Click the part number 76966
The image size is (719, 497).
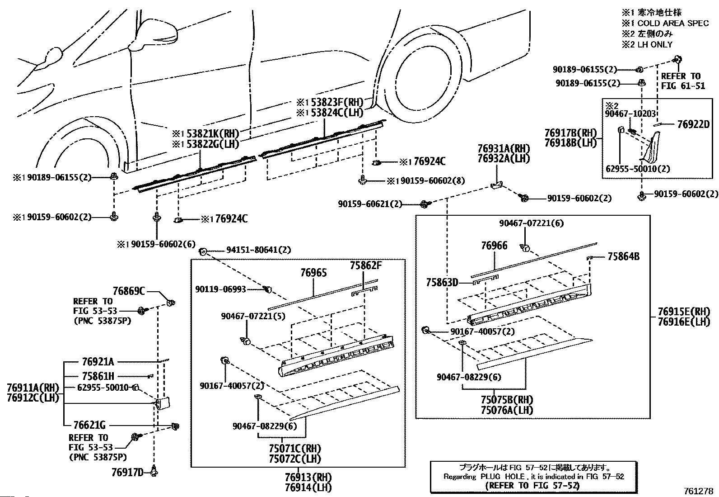494,246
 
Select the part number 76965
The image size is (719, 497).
313,273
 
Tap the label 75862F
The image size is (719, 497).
366,265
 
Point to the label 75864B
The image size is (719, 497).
623,256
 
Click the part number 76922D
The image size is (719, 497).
693,124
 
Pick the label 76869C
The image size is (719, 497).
129,291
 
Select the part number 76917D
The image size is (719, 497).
127,473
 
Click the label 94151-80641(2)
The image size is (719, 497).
259,250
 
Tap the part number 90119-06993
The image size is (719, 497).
220,289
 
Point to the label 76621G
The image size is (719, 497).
89,425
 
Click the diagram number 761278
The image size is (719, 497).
699,491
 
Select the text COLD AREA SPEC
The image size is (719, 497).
673,24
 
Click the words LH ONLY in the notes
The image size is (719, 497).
655,45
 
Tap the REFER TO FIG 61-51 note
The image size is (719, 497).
683,81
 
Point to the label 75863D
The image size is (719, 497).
442,283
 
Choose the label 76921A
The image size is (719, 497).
98,362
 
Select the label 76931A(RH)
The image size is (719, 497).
503,148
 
